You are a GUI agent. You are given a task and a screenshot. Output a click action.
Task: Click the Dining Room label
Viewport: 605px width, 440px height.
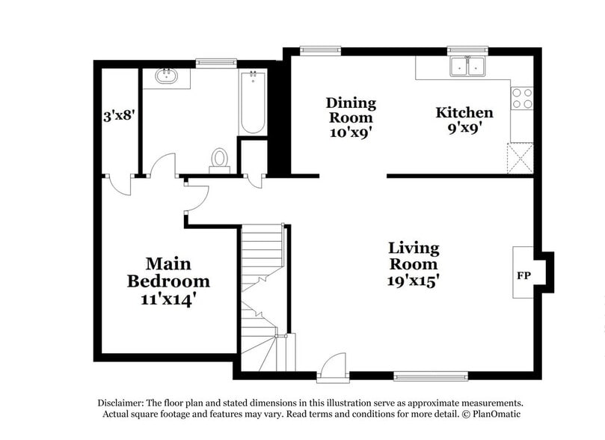point(351,110)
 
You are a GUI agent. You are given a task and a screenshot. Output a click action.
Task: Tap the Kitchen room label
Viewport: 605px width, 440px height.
point(464,113)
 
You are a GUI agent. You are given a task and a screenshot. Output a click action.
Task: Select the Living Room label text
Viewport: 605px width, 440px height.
point(413,256)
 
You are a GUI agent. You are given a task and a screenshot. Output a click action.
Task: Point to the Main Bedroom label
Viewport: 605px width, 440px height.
point(168,273)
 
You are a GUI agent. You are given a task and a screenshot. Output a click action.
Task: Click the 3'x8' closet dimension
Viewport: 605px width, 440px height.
point(118,116)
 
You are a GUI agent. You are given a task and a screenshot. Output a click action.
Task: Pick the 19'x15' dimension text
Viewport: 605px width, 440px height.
point(413,281)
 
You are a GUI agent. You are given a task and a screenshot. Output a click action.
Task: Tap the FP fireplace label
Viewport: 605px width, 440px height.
point(523,276)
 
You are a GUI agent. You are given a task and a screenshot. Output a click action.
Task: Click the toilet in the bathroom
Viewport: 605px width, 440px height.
point(220,159)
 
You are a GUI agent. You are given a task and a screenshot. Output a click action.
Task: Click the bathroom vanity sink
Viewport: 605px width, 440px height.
point(165,76)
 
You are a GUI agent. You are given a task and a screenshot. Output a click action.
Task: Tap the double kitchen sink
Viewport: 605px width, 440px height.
point(468,67)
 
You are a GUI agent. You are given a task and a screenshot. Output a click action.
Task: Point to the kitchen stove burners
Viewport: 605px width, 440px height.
point(522,99)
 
